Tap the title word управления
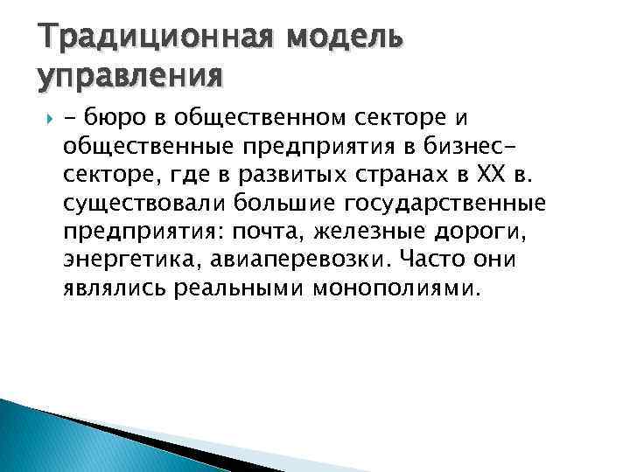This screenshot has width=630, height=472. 130,77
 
